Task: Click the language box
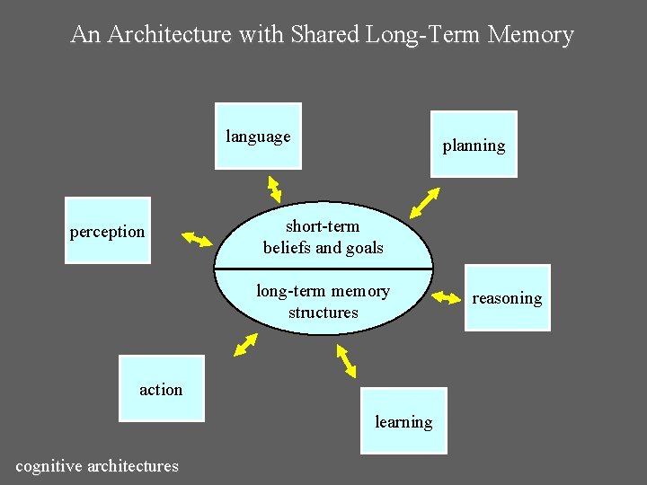coord(258,137)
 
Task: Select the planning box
coord(474,145)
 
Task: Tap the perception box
coord(108,231)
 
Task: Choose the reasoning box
coord(507,298)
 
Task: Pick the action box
coord(162,389)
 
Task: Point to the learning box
coord(403,420)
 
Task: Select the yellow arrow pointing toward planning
coord(424,202)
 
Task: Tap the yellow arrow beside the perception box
coord(196,239)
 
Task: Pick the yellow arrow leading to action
coord(244,345)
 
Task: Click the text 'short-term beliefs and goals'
coord(323,237)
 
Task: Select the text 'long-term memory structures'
coord(323,302)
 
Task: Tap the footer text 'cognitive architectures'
coord(97,465)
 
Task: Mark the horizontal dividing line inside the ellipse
coord(323,269)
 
